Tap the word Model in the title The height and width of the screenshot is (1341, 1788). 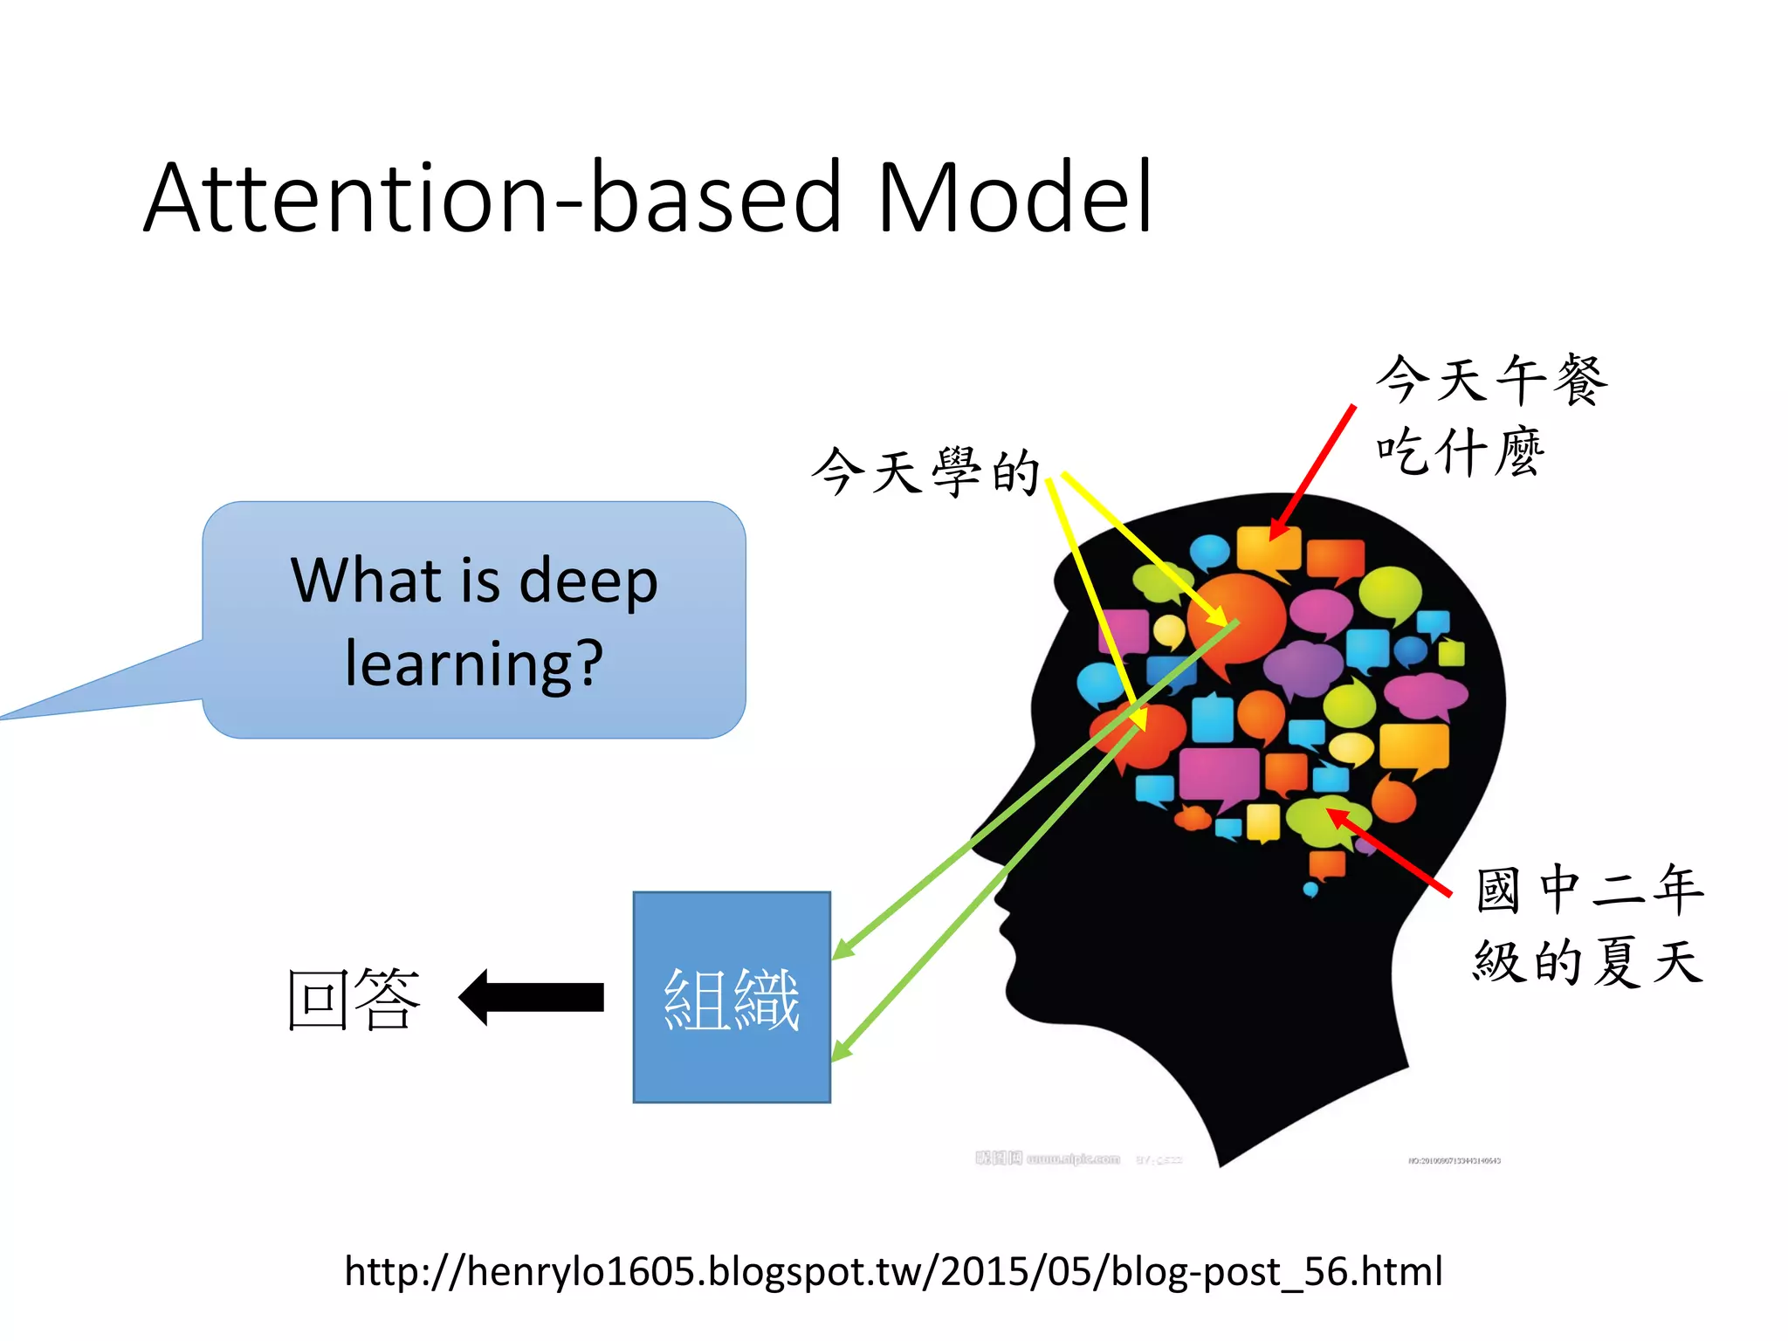pos(1014,199)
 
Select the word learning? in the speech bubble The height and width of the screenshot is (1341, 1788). pos(474,664)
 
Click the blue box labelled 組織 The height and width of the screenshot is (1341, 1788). pos(732,997)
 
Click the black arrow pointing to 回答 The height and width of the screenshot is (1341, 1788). pos(533,997)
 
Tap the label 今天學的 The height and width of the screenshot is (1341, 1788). pos(925,471)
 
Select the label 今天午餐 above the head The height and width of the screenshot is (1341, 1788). pos(1491,380)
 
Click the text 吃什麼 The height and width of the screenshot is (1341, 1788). pos(1460,452)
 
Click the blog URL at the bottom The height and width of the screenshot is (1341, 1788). pos(893,1271)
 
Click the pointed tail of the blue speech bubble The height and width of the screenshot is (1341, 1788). pos(17,714)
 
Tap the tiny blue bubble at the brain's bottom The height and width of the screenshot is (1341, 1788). pos(1310,890)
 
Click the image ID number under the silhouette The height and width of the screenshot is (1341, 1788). pos(1454,1161)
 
